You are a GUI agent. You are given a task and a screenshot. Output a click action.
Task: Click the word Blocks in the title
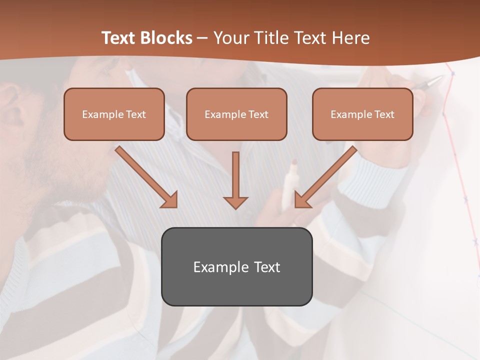tap(167, 38)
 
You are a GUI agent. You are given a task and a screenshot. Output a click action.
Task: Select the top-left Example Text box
tap(114, 114)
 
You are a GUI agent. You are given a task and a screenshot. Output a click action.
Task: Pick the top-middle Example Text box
tap(236, 114)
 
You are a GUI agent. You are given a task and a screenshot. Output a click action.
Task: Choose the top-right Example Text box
tap(362, 114)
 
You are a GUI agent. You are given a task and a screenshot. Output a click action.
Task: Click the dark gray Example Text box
tap(236, 266)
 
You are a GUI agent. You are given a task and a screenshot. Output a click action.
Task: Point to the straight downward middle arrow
tap(235, 180)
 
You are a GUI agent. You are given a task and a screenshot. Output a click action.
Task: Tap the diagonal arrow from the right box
tap(325, 177)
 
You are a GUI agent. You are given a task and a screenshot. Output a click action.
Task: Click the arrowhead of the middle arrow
tap(235, 202)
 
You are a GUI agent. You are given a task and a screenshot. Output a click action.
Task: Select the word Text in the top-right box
tap(384, 114)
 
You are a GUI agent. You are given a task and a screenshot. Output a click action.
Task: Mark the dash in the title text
tap(203, 38)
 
